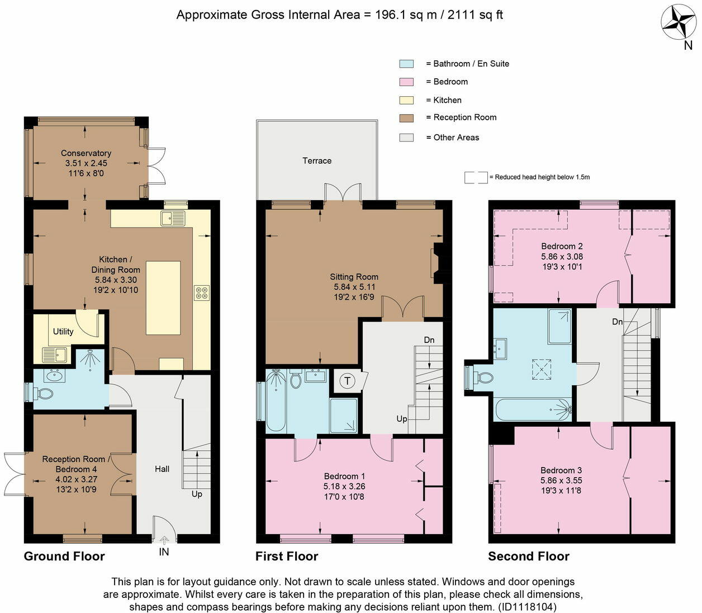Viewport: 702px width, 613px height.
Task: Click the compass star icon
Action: coord(679,23)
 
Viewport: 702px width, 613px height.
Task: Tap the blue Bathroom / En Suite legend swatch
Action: coord(406,64)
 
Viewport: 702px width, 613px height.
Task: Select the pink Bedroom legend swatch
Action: coord(406,82)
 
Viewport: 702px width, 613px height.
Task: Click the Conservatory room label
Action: coord(86,153)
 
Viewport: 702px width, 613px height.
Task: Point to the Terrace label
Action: coord(317,161)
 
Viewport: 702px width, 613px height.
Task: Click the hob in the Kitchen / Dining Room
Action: coord(201,293)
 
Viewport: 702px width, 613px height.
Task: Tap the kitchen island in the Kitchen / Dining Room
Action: coord(163,298)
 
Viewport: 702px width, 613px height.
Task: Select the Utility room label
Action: coord(63,332)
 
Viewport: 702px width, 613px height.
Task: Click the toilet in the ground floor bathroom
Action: coord(44,393)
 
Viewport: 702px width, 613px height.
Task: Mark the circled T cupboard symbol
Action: coord(347,381)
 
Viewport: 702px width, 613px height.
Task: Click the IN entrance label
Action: coord(164,551)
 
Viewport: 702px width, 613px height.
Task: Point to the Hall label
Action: coord(162,469)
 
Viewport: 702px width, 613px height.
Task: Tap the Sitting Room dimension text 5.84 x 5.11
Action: coord(354,287)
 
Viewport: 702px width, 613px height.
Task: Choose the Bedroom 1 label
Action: coord(344,477)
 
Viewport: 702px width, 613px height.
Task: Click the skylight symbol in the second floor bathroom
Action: coord(542,369)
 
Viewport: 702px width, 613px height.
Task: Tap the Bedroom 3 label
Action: coord(561,470)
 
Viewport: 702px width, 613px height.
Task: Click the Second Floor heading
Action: coord(529,556)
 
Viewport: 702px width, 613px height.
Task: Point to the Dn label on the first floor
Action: coord(429,340)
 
